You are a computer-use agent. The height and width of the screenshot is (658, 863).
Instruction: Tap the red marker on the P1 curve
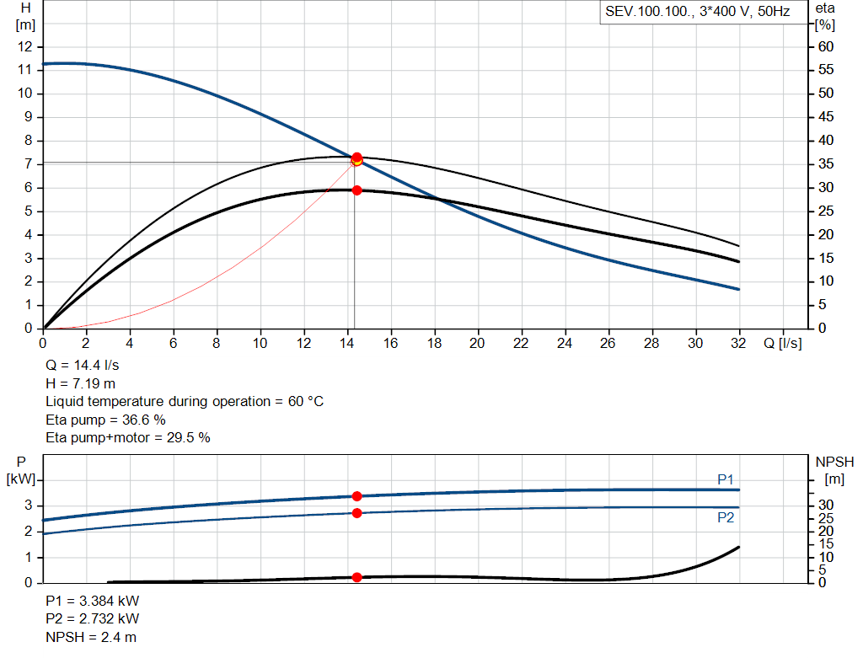point(356,496)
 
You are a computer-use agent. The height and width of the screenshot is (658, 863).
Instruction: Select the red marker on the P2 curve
point(356,513)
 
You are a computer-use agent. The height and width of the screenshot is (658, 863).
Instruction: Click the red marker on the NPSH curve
point(356,577)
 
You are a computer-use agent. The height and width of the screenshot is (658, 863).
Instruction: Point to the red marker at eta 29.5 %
point(356,190)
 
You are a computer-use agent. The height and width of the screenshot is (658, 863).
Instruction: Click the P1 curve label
point(726,479)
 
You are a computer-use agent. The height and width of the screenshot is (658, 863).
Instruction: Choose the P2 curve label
point(726,517)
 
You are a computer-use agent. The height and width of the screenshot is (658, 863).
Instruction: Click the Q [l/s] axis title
point(782,344)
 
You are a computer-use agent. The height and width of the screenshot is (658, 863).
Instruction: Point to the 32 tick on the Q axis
point(739,344)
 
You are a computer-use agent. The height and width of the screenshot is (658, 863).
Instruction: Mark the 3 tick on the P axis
point(29,506)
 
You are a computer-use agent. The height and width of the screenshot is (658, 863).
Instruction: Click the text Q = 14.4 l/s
point(82,366)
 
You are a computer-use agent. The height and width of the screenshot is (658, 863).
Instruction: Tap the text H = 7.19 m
point(80,383)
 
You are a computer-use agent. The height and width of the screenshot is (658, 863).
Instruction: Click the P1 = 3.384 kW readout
point(93,602)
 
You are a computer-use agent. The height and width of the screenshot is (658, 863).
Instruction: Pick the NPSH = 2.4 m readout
point(91,637)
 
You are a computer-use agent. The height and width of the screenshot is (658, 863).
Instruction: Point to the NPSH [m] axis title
point(834,470)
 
